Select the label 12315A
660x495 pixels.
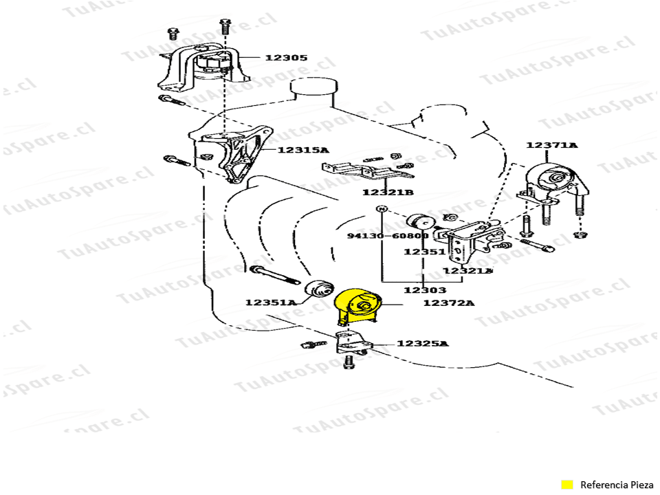(303, 150)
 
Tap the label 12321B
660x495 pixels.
(388, 192)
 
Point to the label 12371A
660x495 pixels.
(552, 145)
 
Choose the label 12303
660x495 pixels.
(424, 290)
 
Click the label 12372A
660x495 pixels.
(448, 302)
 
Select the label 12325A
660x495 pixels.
(422, 343)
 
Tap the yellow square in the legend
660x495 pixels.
(567, 485)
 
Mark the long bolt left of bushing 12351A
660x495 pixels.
(274, 276)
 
